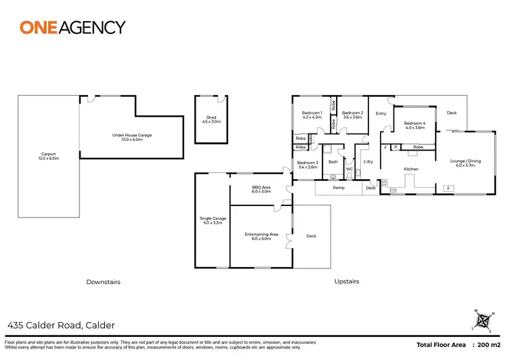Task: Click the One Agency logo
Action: pos(72,27)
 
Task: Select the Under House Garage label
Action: pos(132,137)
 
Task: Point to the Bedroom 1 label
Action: pos(312,115)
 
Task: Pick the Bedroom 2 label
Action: pos(353,115)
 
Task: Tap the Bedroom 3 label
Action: pos(308,164)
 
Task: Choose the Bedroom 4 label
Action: pos(415,125)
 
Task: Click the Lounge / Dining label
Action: pos(465,163)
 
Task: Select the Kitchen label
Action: pos(411,169)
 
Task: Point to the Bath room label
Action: pos(333,162)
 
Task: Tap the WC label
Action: pos(350,169)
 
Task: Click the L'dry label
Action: pos(368,162)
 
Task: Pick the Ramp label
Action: pos(338,187)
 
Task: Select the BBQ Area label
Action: pos(261,188)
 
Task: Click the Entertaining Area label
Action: pos(261,236)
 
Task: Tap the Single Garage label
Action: pos(212,220)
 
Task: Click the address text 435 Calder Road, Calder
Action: pos(61,325)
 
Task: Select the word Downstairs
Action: pos(103,281)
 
